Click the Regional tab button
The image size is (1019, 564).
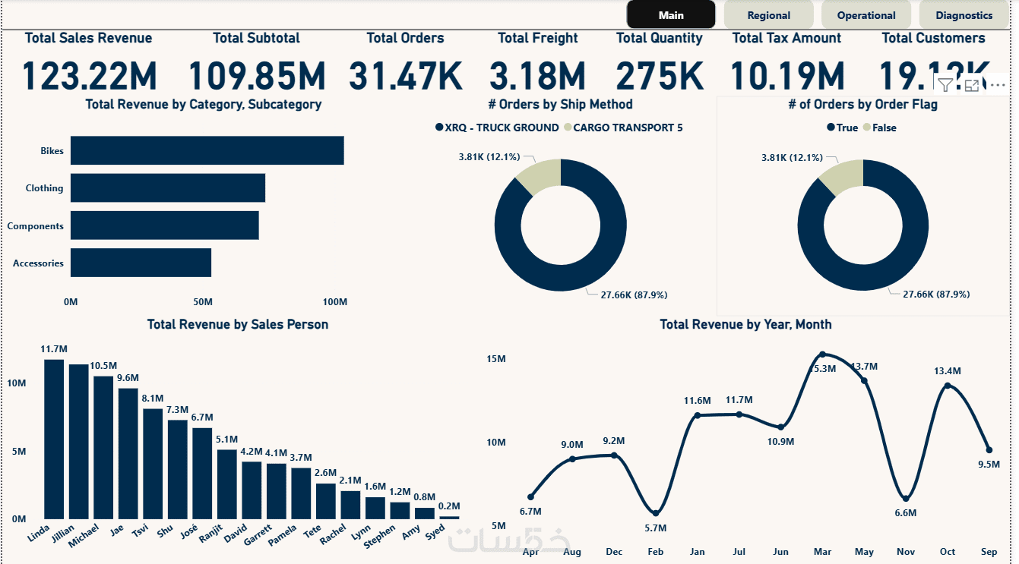(768, 15)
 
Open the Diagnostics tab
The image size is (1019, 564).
(964, 15)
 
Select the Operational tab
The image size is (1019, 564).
(866, 15)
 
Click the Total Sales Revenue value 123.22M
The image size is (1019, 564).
(89, 76)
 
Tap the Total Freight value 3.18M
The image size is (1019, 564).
(537, 76)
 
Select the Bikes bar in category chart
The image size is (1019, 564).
(207, 150)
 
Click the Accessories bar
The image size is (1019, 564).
(141, 263)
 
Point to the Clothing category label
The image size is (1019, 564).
(44, 188)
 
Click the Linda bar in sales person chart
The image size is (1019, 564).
(54, 439)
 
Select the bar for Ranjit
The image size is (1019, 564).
(227, 484)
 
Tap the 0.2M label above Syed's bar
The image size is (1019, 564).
(449, 506)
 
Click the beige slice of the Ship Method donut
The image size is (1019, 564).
(538, 176)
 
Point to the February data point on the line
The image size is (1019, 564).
(656, 513)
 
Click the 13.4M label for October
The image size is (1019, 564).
(948, 371)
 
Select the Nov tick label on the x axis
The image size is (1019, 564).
(905, 552)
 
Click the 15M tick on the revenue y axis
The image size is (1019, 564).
(495, 358)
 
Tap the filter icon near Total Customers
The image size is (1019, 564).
(945, 84)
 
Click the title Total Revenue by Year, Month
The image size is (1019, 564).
(745, 324)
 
